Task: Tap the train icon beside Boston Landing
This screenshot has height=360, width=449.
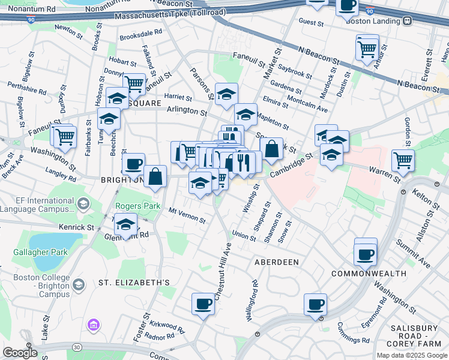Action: click(407, 20)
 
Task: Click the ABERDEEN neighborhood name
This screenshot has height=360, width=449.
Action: click(276, 263)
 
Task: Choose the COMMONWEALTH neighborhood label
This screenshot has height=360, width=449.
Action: click(365, 274)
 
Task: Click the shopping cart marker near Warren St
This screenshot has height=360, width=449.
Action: click(403, 160)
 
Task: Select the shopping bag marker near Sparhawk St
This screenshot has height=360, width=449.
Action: click(271, 148)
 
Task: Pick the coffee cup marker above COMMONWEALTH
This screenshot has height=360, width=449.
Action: click(365, 253)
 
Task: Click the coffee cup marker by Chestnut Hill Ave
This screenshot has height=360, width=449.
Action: click(203, 303)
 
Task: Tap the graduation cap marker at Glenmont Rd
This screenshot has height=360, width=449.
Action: click(125, 224)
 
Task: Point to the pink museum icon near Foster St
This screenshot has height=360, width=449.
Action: click(92, 326)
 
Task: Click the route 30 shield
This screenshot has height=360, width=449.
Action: click(77, 347)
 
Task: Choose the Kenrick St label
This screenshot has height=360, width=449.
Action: click(77, 227)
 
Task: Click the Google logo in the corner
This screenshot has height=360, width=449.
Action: click(20, 352)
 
